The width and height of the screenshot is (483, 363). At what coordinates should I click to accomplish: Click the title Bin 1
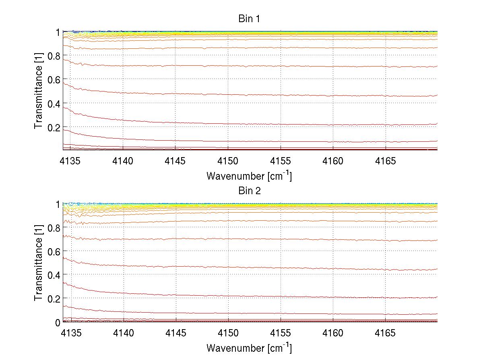point(250,19)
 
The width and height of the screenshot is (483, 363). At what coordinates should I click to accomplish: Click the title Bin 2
point(250,191)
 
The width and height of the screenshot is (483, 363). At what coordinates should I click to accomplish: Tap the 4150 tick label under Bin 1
point(228,161)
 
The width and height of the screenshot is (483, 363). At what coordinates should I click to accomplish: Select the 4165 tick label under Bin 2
point(386,333)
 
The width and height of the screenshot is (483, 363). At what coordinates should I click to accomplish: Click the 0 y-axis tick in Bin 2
point(58,322)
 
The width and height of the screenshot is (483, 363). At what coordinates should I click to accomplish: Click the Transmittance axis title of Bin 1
point(38,91)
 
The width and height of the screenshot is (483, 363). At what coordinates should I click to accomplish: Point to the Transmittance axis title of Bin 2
point(38,263)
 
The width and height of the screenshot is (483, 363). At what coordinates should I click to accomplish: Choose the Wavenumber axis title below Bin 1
point(249,176)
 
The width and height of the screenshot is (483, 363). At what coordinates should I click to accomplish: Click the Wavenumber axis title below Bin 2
point(249,348)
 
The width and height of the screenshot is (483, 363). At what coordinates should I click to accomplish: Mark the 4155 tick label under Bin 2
point(281,333)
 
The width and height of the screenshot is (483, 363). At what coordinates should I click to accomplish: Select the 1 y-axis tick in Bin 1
point(58,32)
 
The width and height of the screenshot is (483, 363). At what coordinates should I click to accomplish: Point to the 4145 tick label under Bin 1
point(175,161)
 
